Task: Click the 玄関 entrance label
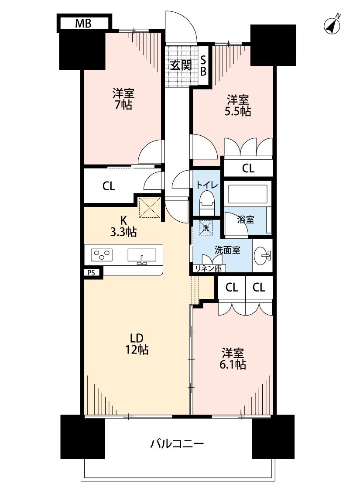click(181, 65)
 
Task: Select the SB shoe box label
click(203, 65)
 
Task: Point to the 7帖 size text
click(123, 105)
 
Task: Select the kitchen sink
click(142, 256)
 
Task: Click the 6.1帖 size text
click(233, 365)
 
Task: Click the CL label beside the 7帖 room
click(109, 186)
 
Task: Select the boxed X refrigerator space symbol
click(150, 207)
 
